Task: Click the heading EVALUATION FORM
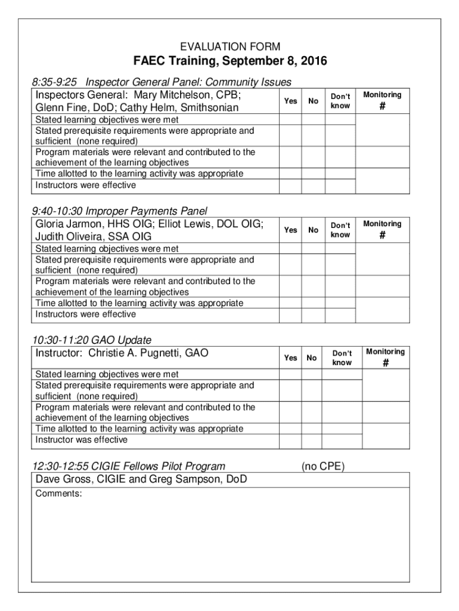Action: pyautogui.click(x=230, y=47)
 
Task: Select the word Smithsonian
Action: pyautogui.click(x=209, y=108)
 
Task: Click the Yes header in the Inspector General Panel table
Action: pyautogui.click(x=290, y=101)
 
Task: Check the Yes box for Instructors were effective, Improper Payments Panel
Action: pyautogui.click(x=290, y=314)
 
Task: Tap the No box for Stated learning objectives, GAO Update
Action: pyautogui.click(x=312, y=375)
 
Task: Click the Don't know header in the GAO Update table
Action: pyautogui.click(x=342, y=358)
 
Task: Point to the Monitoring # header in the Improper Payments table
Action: pyautogui.click(x=382, y=230)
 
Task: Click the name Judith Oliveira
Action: pyautogui.click(x=69, y=237)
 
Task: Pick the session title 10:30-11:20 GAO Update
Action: pyautogui.click(x=92, y=340)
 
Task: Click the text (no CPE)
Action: pyautogui.click(x=322, y=467)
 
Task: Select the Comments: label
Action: pyautogui.click(x=58, y=493)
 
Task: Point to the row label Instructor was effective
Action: pyautogui.click(x=82, y=440)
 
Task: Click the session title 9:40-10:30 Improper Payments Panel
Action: pyautogui.click(x=120, y=211)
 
